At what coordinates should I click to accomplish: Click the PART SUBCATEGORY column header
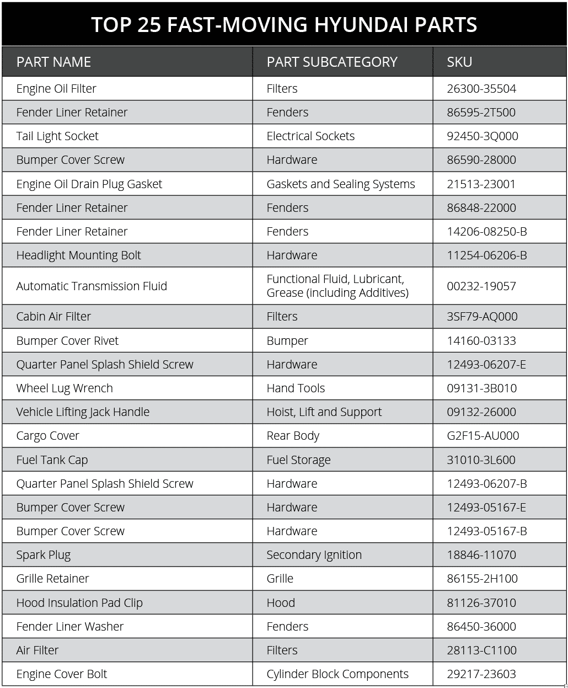331,62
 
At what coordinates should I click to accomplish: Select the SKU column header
459,62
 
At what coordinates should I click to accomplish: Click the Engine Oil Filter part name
56,89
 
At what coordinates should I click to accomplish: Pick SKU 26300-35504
481,89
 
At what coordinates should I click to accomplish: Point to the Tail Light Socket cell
57,136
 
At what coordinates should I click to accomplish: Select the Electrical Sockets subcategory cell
310,136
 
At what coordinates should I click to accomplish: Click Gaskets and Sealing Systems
340,184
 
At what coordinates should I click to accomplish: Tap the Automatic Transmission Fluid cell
92,286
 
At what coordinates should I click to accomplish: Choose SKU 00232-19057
481,286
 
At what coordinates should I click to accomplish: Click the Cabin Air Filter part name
53,317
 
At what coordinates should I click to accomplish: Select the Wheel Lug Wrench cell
65,388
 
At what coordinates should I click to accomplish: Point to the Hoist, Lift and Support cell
324,412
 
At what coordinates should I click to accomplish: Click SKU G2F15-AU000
483,436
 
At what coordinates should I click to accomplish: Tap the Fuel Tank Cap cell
52,460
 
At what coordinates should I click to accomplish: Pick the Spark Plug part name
44,555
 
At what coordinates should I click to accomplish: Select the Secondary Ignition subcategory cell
314,555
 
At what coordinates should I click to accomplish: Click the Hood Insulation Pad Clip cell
79,603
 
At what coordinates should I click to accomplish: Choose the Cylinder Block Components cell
337,674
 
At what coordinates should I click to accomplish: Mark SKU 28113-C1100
481,650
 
